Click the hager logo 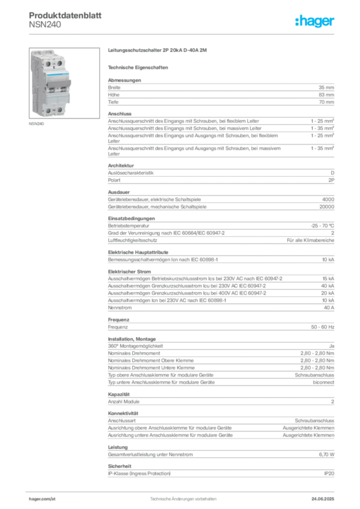(314, 21)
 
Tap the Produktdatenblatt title (65, 15)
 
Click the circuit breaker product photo (64, 83)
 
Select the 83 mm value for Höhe (326, 95)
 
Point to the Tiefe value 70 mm (326, 102)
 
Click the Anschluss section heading (120, 114)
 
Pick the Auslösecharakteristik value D (333, 172)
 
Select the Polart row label (114, 180)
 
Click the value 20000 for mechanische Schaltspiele (327, 207)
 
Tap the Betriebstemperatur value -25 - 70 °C (322, 226)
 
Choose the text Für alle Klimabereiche (310, 240)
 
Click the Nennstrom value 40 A (329, 307)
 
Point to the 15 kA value (328, 278)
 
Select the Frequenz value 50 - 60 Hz (322, 327)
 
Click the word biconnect (323, 382)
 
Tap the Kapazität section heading (119, 394)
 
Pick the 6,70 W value (327, 454)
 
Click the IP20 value (329, 474)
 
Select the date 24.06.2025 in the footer (323, 499)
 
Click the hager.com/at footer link (42, 499)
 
